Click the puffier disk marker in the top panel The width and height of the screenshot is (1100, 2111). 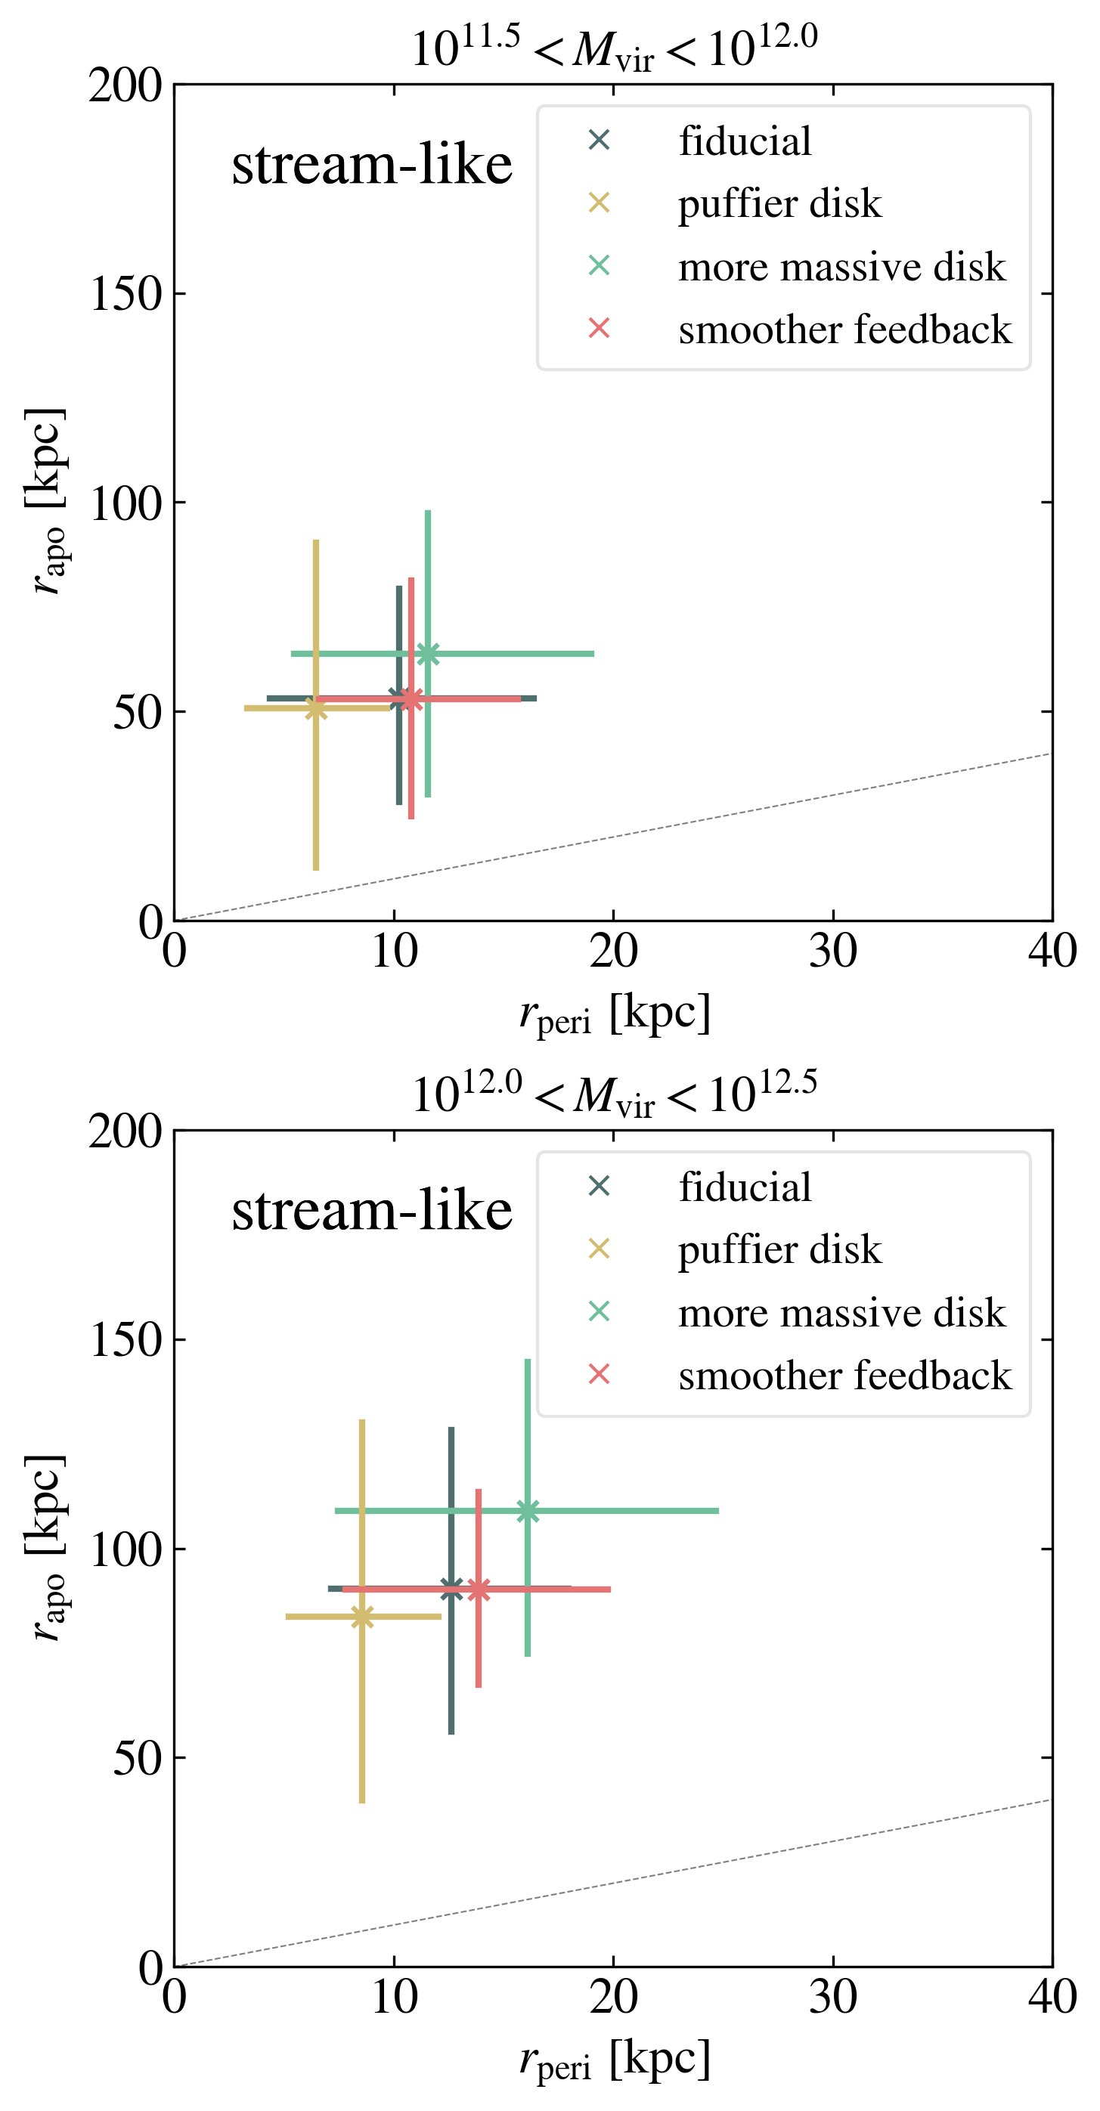tap(317, 708)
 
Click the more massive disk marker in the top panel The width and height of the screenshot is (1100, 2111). tap(428, 654)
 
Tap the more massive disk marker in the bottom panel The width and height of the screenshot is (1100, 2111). tap(528, 1510)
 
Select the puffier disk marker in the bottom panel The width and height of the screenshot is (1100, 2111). tap(362, 1616)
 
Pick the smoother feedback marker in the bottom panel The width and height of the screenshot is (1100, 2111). tap(479, 1589)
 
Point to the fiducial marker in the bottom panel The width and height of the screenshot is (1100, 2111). tap(451, 1588)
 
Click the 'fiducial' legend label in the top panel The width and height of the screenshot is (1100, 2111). tap(744, 141)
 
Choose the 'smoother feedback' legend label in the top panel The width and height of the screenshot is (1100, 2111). tap(844, 330)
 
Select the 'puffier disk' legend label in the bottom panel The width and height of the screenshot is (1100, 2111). tap(779, 1249)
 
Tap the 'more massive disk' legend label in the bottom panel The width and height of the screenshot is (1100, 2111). tap(841, 1313)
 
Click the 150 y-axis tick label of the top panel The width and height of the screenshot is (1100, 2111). tap(125, 294)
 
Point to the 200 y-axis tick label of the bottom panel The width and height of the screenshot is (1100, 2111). tap(125, 1131)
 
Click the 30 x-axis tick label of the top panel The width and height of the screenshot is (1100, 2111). tap(833, 952)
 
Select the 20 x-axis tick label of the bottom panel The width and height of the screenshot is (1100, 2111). tap(613, 1998)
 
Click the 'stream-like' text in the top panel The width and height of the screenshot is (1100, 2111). tap(371, 165)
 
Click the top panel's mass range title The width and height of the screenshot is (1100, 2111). tap(614, 48)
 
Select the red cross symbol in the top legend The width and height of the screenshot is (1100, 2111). tap(600, 329)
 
